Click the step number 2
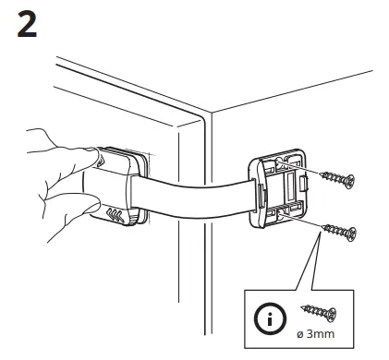coord(28,25)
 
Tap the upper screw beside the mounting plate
coord(336,177)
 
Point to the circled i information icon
coord(267,322)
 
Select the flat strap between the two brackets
coord(194,198)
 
